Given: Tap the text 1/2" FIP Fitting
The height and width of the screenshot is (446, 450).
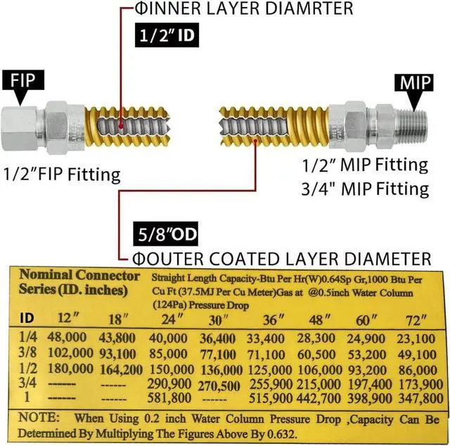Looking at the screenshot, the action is [62, 173].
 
